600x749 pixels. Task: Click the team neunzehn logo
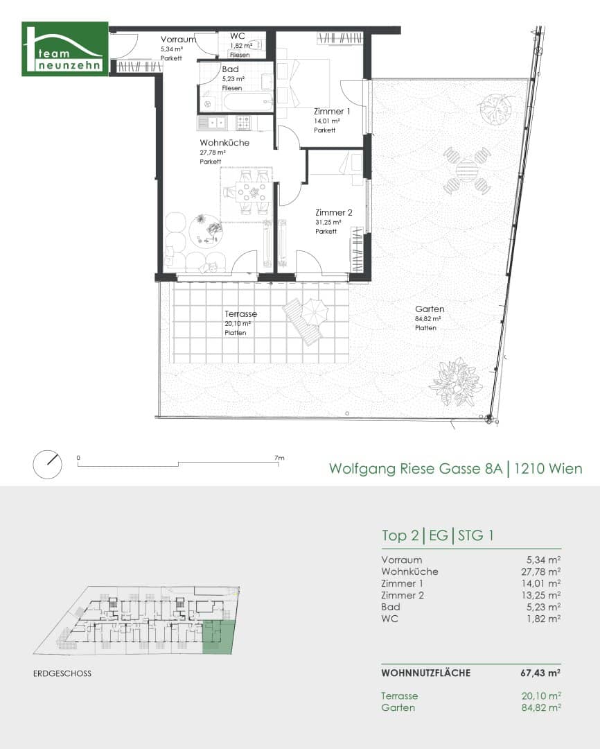65,49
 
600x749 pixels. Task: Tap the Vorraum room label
178,40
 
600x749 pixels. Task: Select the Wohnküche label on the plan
224,143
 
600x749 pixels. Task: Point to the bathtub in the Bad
249,102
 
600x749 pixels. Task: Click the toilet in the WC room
255,45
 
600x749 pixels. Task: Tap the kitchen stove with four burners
243,123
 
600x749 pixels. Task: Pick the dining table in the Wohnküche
252,193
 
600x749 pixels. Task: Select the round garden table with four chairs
467,171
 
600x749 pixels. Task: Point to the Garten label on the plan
430,309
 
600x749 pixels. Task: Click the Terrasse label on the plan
241,314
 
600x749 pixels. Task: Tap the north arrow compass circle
48,464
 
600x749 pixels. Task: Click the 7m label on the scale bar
279,458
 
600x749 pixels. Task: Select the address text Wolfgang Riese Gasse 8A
416,468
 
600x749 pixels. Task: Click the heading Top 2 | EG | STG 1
438,535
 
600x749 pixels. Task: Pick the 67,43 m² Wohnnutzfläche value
540,673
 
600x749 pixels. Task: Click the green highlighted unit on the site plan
219,637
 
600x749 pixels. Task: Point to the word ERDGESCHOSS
62,673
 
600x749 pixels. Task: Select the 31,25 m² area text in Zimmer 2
328,222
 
